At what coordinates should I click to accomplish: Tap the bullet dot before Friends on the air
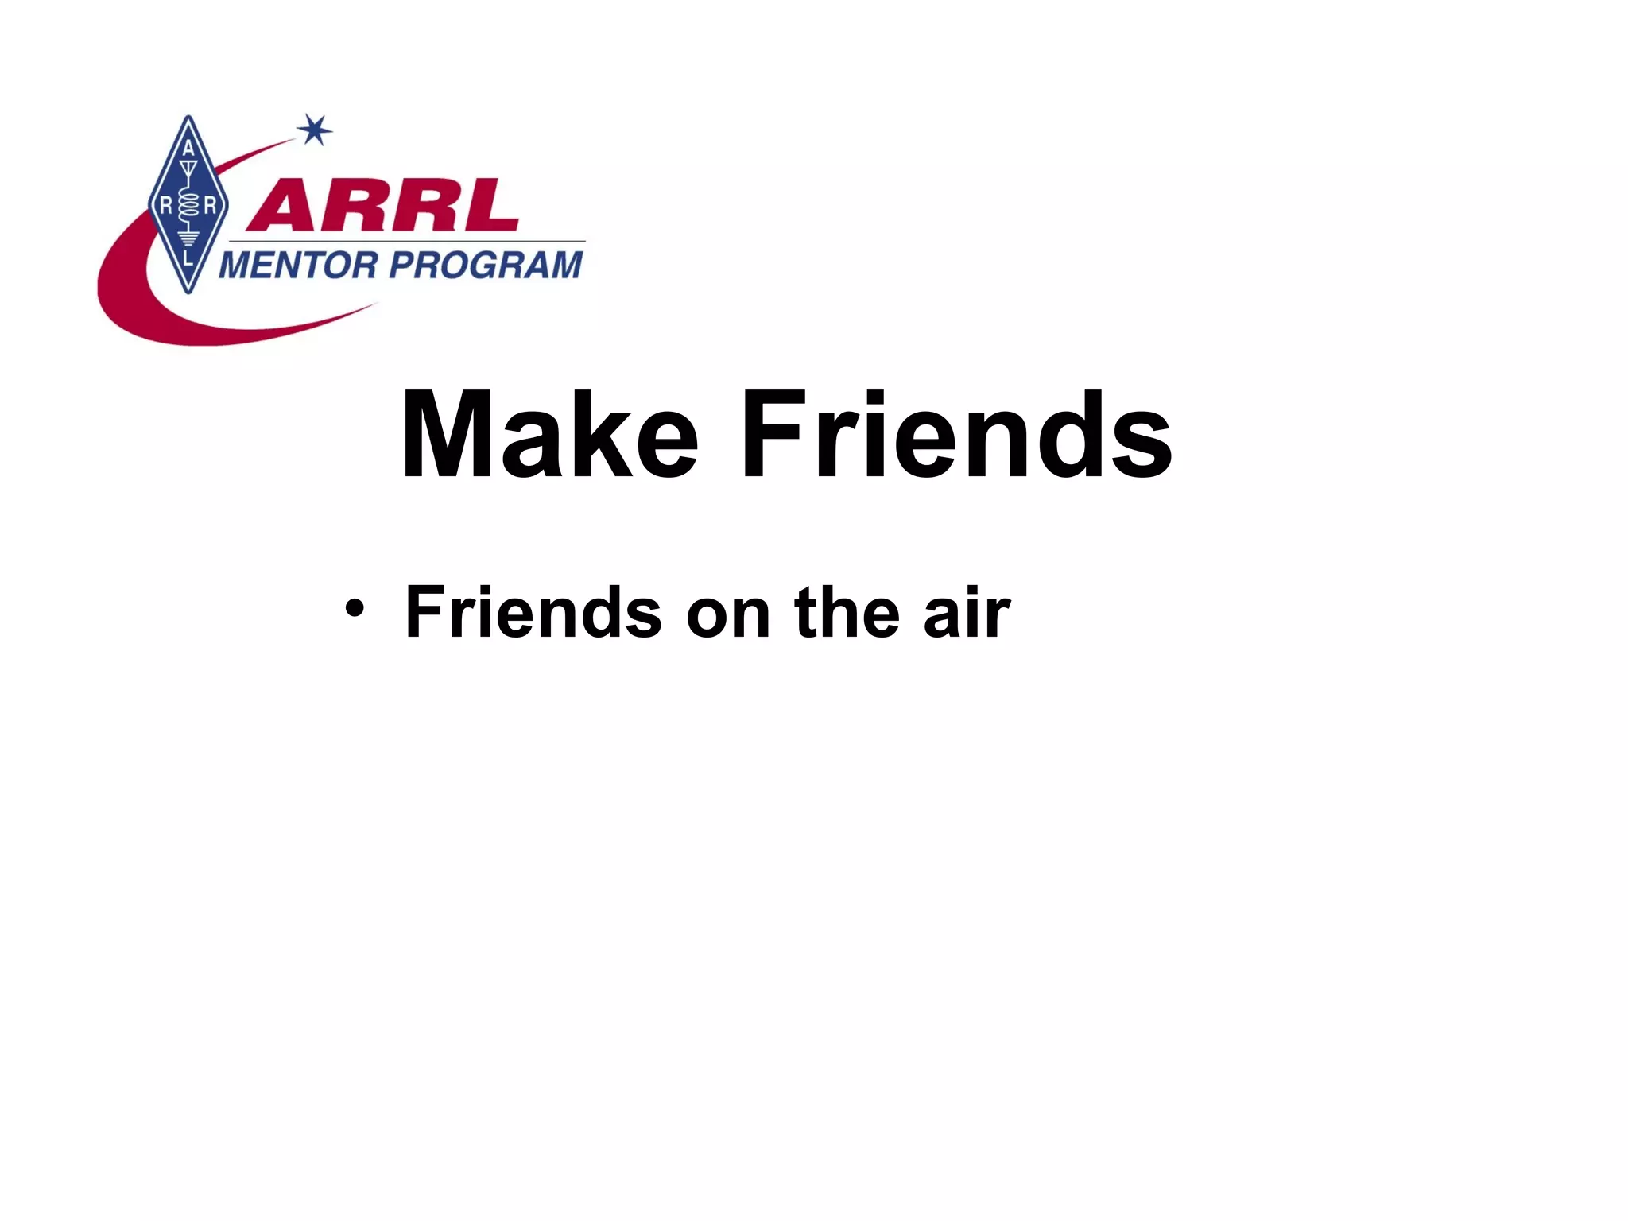(355, 610)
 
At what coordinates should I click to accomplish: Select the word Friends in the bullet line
(533, 612)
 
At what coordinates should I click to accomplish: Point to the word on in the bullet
(727, 615)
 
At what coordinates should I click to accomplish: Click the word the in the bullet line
(846, 612)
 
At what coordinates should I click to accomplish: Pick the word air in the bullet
(967, 612)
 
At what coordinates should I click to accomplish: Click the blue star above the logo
(315, 130)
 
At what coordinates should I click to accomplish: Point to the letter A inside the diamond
(188, 149)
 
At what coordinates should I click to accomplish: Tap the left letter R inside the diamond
(167, 206)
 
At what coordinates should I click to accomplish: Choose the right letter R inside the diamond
(210, 206)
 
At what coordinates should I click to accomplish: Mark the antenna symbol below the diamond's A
(188, 171)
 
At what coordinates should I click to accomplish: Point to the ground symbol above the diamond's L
(188, 238)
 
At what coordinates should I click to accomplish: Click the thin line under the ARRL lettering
(405, 240)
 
